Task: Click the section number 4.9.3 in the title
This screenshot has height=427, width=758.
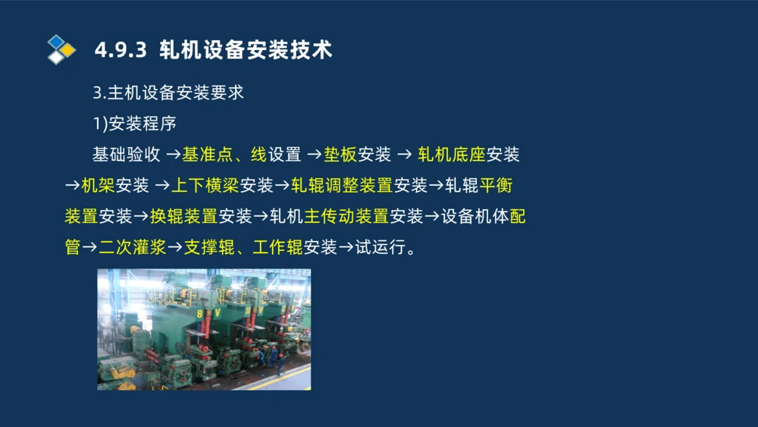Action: point(121,50)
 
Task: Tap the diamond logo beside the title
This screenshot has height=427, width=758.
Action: point(61,49)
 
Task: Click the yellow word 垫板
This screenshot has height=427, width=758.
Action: point(340,155)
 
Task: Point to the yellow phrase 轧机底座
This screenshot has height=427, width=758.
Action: point(452,155)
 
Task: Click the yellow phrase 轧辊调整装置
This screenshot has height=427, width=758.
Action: point(341,186)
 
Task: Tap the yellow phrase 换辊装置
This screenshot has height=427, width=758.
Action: point(183,217)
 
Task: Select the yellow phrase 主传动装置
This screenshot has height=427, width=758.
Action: point(346,217)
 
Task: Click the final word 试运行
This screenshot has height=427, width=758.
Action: point(381,247)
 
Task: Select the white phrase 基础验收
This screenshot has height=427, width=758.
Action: point(126,155)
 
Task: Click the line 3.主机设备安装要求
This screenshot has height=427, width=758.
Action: point(168,93)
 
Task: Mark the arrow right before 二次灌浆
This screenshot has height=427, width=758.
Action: point(90,247)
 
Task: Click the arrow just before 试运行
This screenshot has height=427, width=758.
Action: point(346,247)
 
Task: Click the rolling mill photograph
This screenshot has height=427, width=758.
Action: point(204,329)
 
